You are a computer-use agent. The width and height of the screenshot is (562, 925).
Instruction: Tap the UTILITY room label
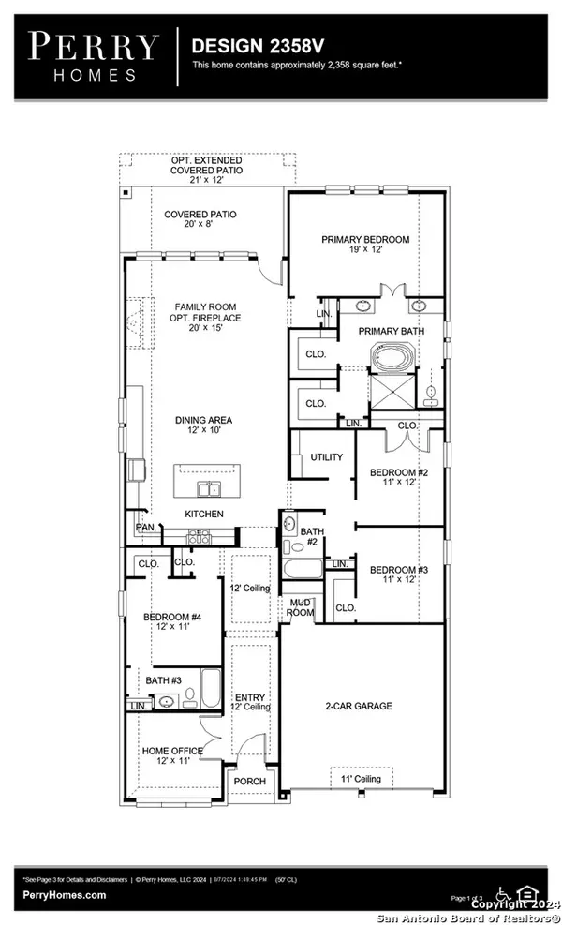(326, 457)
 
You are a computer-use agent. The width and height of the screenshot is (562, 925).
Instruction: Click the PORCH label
(250, 781)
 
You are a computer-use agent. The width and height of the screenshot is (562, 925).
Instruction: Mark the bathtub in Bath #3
(209, 692)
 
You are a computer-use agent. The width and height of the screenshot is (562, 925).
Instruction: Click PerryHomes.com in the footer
(65, 895)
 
